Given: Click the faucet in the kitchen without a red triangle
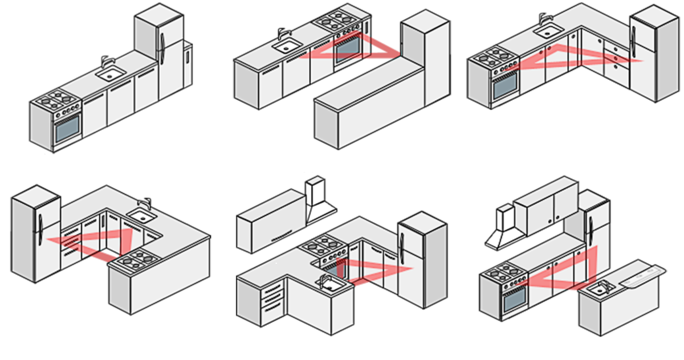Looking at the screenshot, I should click(x=105, y=62).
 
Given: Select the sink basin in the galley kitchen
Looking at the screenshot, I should click(x=284, y=47).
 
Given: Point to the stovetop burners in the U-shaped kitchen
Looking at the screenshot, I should click(x=137, y=260).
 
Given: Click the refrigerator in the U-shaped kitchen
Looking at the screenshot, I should click(x=34, y=234).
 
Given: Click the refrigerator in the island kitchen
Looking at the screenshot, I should click(x=596, y=228).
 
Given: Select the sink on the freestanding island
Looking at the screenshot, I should click(x=598, y=289).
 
